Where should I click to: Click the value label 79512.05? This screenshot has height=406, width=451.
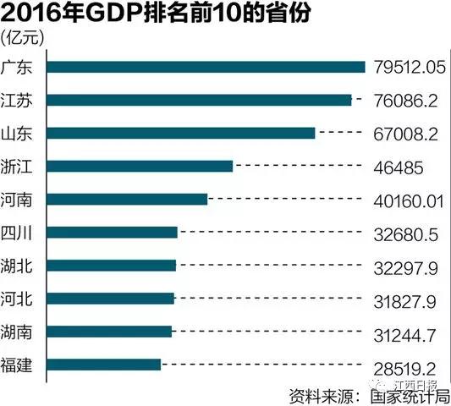(410, 67)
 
